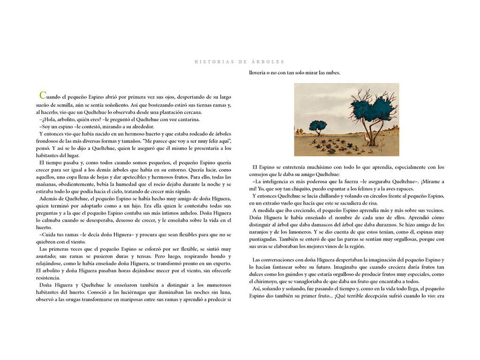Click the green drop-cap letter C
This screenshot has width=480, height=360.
click(x=43, y=96)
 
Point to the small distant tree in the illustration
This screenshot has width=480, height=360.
click(x=318, y=126)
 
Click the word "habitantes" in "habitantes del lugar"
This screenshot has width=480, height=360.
click(x=51, y=156)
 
